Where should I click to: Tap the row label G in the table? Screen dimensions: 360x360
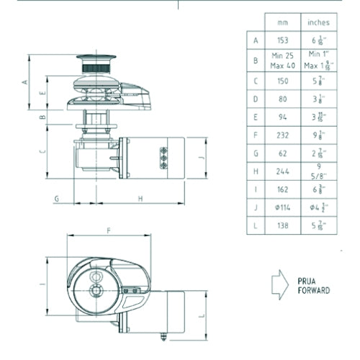pos(256,152)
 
